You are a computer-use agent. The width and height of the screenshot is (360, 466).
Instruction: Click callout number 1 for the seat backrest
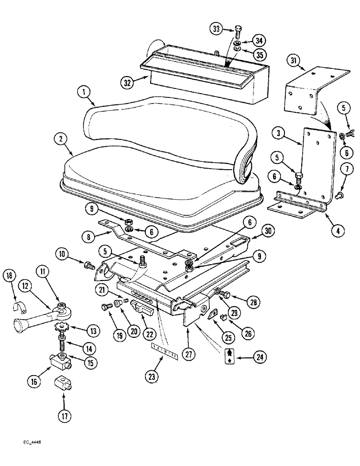tap(84, 93)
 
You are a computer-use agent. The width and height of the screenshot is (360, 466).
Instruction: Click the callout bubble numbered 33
tap(215, 28)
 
